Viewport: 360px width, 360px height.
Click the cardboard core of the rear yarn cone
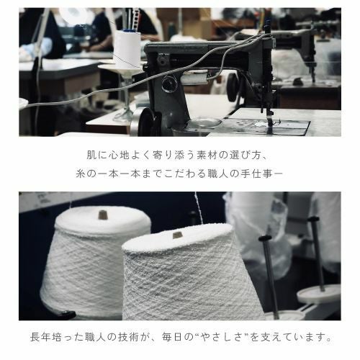pyautogui.click(x=102, y=214)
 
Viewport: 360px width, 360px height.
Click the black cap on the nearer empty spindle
pyautogui.click(x=265, y=238)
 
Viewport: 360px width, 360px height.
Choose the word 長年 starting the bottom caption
pyautogui.click(x=36, y=336)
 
